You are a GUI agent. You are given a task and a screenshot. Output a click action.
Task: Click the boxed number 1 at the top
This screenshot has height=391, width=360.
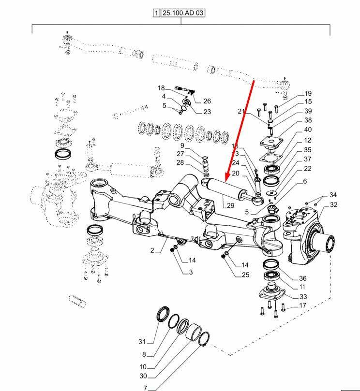pos(157,14)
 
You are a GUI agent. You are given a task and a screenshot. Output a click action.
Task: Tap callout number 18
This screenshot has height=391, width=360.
pos(161,88)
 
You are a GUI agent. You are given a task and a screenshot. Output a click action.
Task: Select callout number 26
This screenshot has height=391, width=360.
pos(207,101)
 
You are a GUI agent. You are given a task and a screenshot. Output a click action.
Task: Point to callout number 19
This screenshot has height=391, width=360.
pos(308,93)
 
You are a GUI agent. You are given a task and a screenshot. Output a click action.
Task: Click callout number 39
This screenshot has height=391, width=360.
pos(308,111)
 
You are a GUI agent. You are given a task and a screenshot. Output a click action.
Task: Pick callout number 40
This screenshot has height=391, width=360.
pos(308,130)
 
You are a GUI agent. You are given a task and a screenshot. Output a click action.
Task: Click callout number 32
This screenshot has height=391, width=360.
pos(333,205)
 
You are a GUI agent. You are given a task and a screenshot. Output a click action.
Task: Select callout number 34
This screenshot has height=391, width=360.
pos(333,195)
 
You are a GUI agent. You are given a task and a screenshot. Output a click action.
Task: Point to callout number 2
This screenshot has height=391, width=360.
pos(152,250)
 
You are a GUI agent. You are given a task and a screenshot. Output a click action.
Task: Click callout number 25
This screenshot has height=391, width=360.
pos(246,275)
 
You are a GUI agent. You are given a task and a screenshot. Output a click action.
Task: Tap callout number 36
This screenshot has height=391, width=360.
pos(302,278)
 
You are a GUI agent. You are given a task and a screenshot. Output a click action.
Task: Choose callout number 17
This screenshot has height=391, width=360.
pos(302,305)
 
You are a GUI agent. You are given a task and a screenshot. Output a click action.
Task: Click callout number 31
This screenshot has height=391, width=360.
pos(142,342)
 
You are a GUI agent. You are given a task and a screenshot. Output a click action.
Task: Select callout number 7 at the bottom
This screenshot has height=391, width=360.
pos(145,388)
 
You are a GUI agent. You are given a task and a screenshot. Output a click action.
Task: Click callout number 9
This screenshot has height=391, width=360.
pos(182,145)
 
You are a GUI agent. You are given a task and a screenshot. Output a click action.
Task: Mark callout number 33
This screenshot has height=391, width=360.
pos(302,296)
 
